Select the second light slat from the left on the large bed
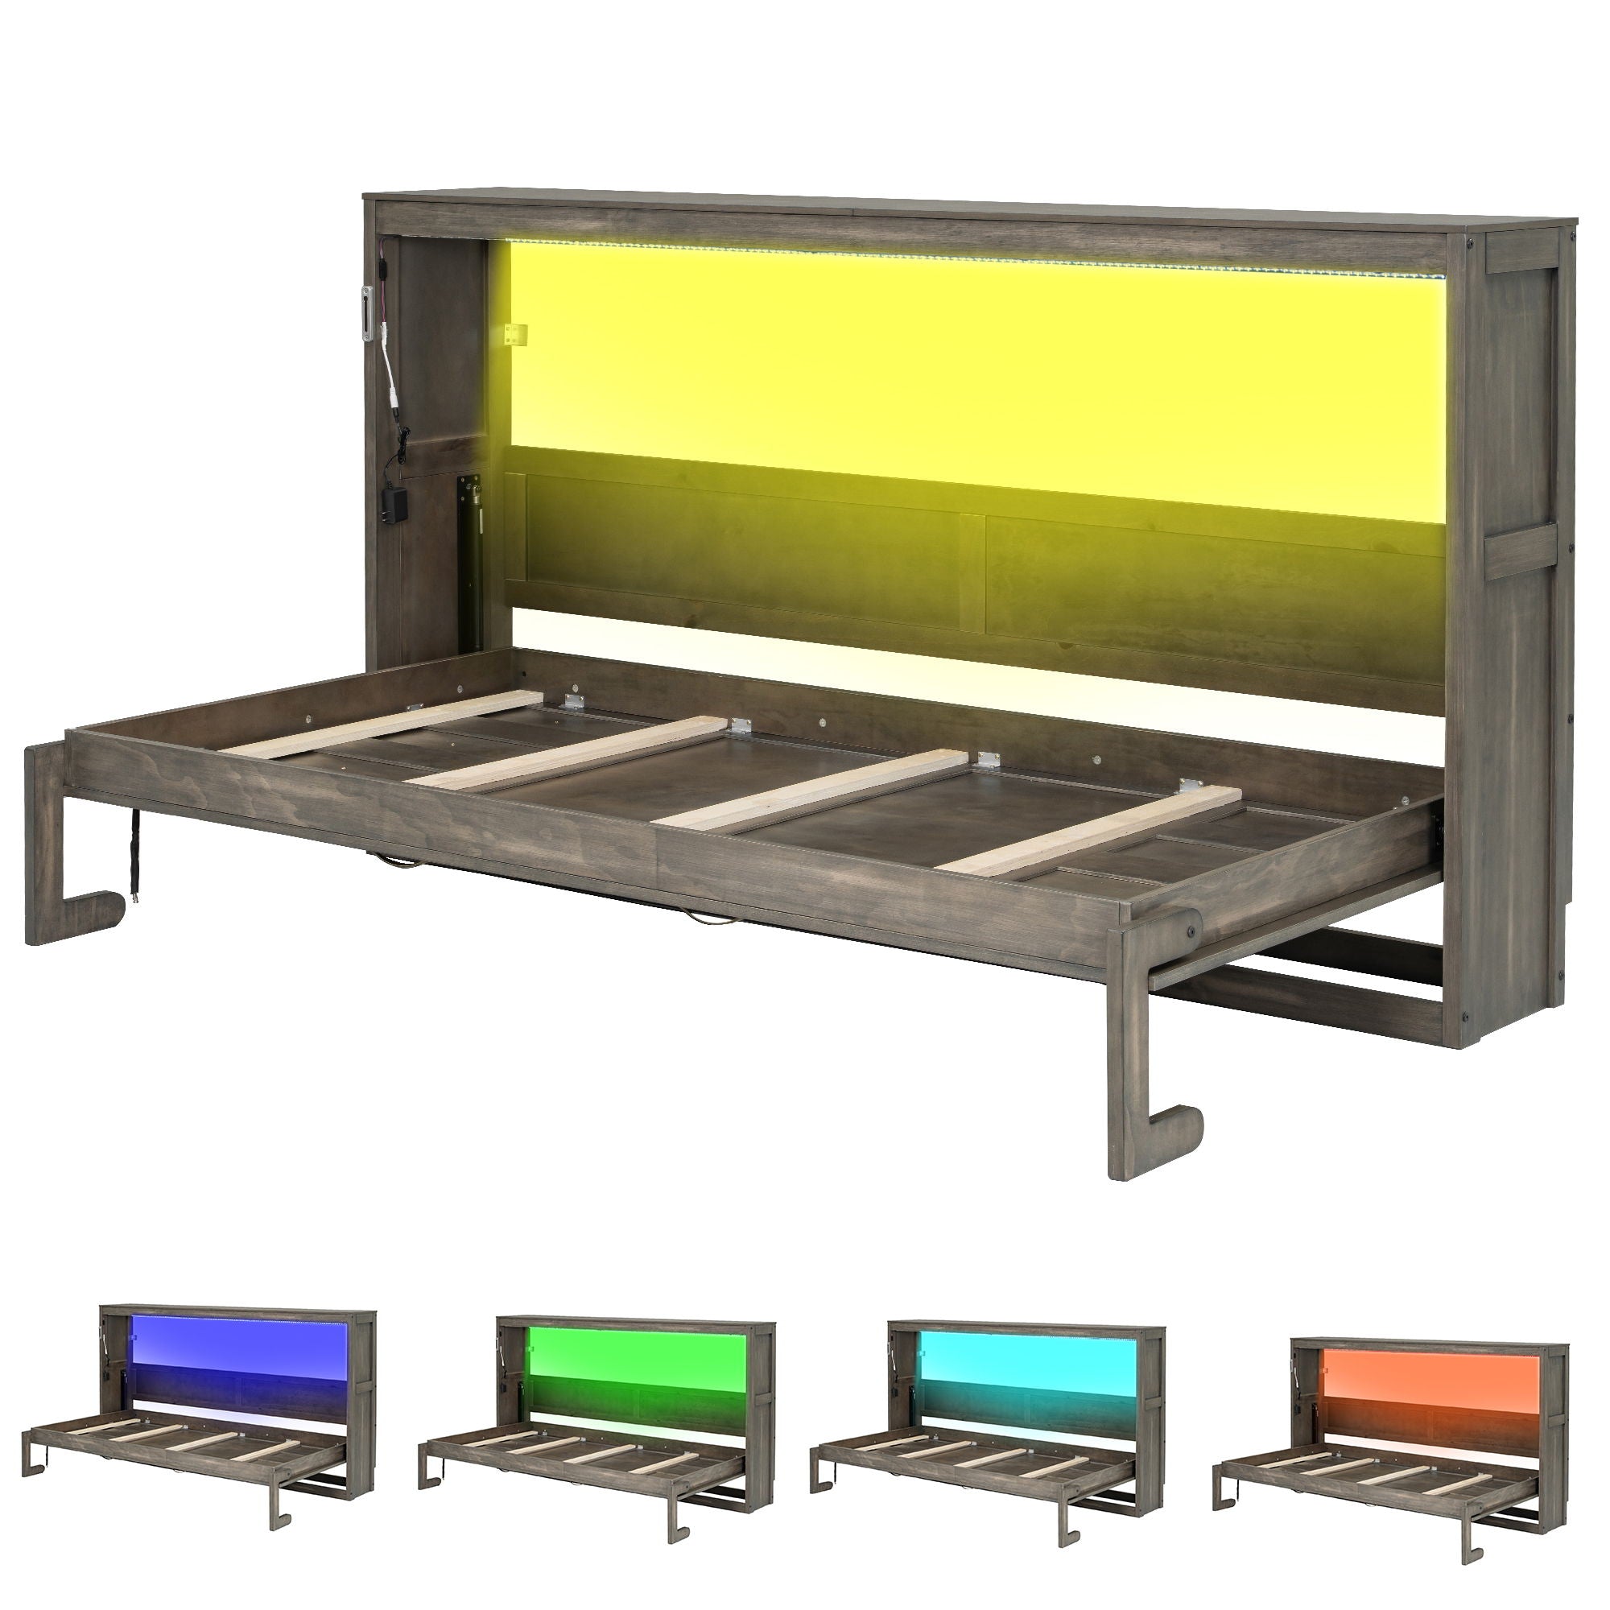(x=575, y=754)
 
